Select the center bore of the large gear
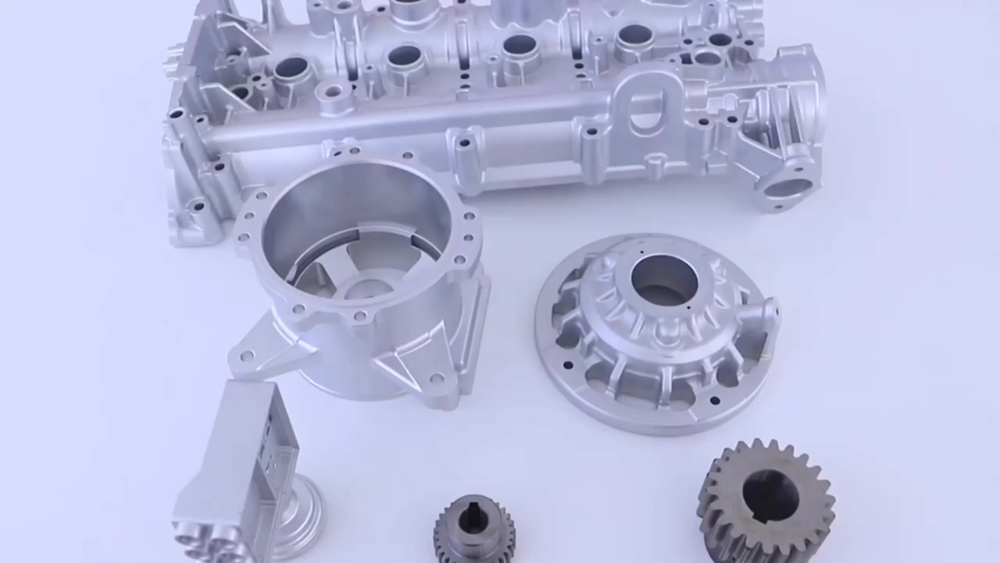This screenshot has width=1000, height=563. [x=770, y=500]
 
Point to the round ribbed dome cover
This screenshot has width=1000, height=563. [x=656, y=334]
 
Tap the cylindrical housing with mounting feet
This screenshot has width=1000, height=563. [x=359, y=281]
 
